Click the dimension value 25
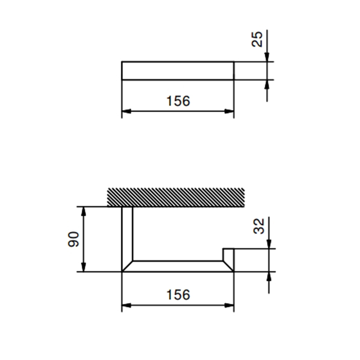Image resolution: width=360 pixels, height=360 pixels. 259,39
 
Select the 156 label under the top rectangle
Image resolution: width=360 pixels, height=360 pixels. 178,101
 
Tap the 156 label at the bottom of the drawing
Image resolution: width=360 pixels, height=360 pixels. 178,295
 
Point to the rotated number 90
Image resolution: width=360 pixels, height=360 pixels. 74,239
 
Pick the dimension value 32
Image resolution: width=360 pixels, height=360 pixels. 260,226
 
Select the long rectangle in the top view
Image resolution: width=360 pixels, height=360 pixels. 177,70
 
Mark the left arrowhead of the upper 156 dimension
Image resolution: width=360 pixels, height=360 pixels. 126,111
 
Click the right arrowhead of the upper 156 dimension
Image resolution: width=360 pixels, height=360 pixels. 230,111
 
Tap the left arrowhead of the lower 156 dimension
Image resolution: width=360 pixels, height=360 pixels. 126,305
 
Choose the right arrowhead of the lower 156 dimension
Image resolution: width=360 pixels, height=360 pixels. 230,305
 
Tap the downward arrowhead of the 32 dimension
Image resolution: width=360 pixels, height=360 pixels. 268,245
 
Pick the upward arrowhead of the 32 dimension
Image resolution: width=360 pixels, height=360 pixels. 268,276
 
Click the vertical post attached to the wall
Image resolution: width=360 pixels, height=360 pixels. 127,234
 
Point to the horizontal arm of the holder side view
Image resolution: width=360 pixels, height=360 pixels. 177,266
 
